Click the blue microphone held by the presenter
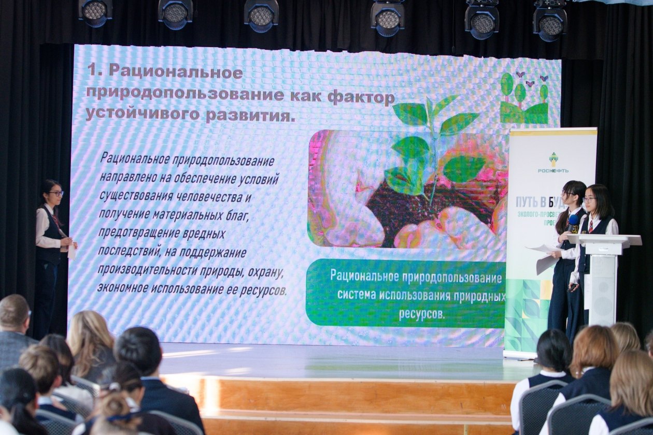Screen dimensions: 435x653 click(573, 221)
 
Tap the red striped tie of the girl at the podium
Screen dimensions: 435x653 click(590, 226)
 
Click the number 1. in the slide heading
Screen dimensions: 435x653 click(94, 71)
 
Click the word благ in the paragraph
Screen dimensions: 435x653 click(238, 215)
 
